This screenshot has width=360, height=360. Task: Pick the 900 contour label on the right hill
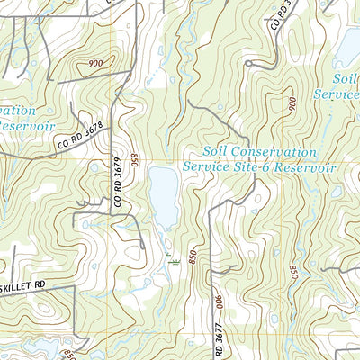pos(292,104)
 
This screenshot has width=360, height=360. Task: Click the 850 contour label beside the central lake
pos(134,162)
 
